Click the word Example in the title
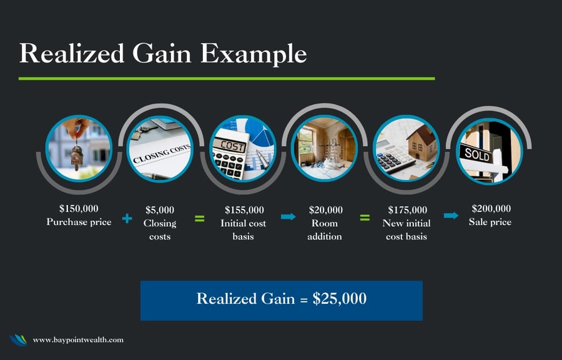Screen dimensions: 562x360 [x=253, y=54]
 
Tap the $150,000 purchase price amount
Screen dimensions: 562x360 [x=79, y=209]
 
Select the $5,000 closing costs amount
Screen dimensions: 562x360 [x=160, y=210]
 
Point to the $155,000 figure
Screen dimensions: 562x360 [x=244, y=210]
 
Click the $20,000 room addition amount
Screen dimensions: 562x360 [x=325, y=210]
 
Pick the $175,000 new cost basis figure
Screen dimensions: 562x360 [x=408, y=210]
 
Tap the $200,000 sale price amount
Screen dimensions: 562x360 [x=491, y=209]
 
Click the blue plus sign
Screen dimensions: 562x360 [x=127, y=218]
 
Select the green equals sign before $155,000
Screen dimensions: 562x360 [x=199, y=218]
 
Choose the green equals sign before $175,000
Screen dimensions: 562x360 [x=365, y=217]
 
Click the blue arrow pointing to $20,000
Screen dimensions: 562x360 [x=288, y=217]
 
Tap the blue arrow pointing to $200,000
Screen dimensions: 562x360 [x=451, y=216]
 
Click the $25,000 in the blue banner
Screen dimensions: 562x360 [x=340, y=299]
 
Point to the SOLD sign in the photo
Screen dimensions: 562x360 [x=476, y=154]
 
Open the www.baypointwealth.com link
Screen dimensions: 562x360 [x=78, y=340]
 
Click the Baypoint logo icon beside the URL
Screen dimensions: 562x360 [x=18, y=340]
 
